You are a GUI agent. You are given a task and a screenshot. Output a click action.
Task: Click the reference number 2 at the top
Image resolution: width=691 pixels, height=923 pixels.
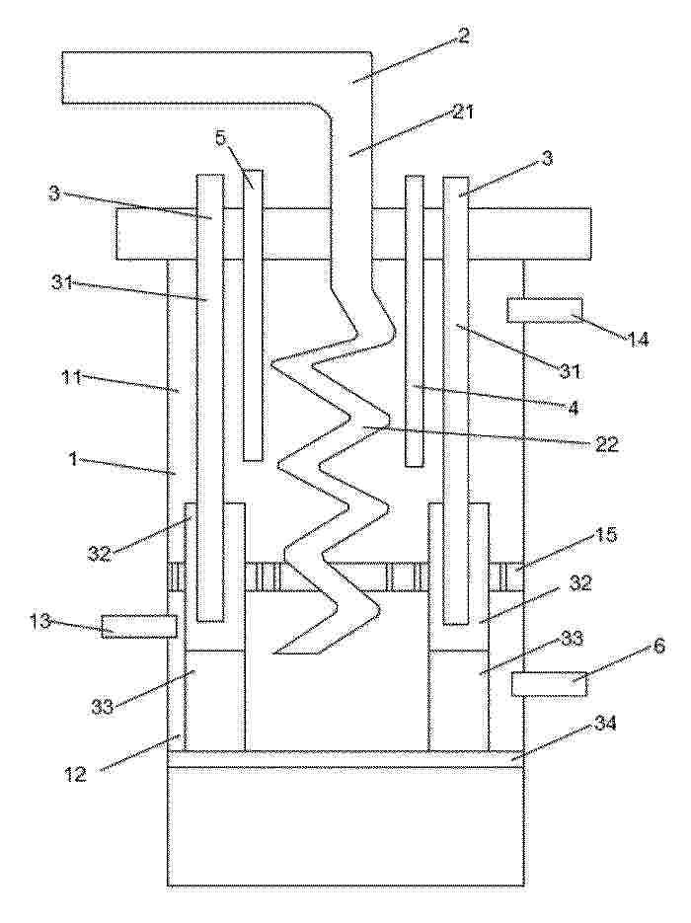click(x=463, y=37)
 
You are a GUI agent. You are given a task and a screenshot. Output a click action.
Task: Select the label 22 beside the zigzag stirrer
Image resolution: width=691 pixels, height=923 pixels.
click(x=605, y=444)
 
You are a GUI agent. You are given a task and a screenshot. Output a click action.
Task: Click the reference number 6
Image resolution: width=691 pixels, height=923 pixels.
click(x=659, y=646)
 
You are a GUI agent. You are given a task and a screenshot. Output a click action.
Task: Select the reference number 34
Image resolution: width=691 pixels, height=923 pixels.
click(x=604, y=724)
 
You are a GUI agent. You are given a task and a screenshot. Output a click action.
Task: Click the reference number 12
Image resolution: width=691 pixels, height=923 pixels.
click(x=76, y=774)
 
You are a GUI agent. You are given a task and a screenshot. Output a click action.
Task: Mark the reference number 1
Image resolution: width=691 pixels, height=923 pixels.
click(x=74, y=459)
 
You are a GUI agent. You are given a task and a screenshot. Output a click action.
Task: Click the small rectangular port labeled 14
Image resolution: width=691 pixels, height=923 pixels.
click(x=545, y=311)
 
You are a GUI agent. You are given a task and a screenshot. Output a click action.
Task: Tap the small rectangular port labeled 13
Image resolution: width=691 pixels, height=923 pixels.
click(x=139, y=626)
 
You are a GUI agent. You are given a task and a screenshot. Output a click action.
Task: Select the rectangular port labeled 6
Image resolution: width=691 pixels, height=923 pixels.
click(x=549, y=684)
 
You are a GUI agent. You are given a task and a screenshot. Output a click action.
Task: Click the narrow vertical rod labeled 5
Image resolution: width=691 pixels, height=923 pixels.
click(x=253, y=316)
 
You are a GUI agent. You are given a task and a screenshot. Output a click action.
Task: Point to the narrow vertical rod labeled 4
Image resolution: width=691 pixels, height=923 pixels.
click(x=415, y=321)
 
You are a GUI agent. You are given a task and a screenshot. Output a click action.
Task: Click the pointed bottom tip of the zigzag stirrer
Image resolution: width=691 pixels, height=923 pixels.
click(x=274, y=654)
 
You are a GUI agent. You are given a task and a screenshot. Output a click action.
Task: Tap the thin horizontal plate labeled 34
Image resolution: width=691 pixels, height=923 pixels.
click(x=345, y=759)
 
